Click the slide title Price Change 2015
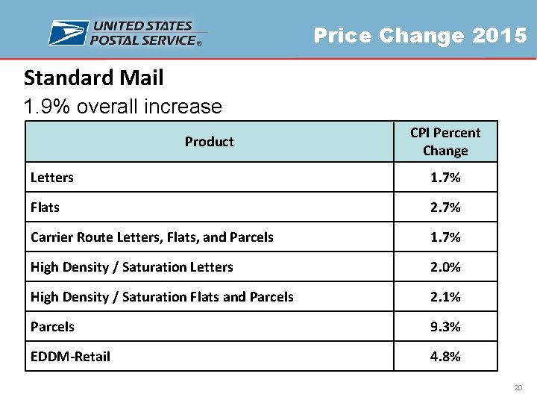click(420, 35)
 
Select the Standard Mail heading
click(93, 78)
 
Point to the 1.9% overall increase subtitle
click(122, 107)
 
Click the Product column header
click(209, 142)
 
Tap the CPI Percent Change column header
click(445, 142)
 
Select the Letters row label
click(52, 178)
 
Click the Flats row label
click(45, 207)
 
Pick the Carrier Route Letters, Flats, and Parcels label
click(152, 237)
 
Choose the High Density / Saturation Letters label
click(132, 267)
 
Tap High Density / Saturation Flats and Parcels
click(162, 297)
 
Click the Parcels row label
click(52, 327)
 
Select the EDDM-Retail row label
click(70, 357)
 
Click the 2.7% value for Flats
click(445, 207)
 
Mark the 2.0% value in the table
click(445, 267)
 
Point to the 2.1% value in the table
click(445, 297)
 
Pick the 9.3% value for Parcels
click(445, 327)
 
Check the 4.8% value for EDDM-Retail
click(445, 357)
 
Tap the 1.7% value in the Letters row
click(445, 178)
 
